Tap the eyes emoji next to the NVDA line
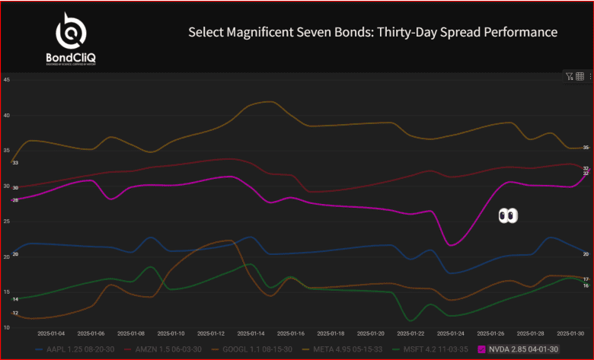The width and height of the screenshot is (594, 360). (508, 216)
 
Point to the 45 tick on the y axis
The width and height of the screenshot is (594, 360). (6, 79)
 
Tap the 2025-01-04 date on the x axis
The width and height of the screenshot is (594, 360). (51, 333)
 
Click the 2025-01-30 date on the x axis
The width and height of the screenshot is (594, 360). (571, 333)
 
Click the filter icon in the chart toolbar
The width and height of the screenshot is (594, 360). (569, 76)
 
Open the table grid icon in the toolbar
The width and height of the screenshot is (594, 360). (580, 76)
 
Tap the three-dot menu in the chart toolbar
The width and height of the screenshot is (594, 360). (589, 76)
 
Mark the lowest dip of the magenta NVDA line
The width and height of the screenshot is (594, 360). (452, 245)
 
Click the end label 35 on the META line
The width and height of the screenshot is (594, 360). (586, 147)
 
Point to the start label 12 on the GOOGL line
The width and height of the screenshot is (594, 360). (15, 313)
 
